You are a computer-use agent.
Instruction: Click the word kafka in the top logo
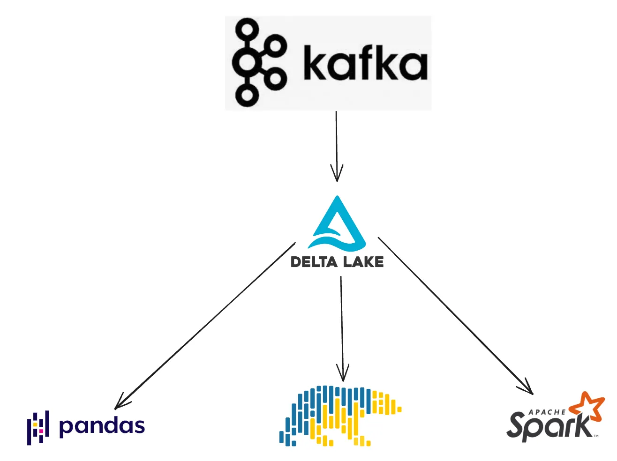click(365, 63)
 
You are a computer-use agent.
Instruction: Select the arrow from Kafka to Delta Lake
click(336, 141)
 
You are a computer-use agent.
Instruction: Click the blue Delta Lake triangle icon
click(337, 224)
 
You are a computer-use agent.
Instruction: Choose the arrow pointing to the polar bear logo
click(342, 323)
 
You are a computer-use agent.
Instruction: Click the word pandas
click(102, 426)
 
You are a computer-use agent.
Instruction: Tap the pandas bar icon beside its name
click(38, 428)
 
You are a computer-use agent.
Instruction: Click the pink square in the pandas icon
click(41, 431)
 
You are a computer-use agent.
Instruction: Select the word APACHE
click(547, 412)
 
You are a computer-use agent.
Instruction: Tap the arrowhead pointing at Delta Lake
click(337, 175)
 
